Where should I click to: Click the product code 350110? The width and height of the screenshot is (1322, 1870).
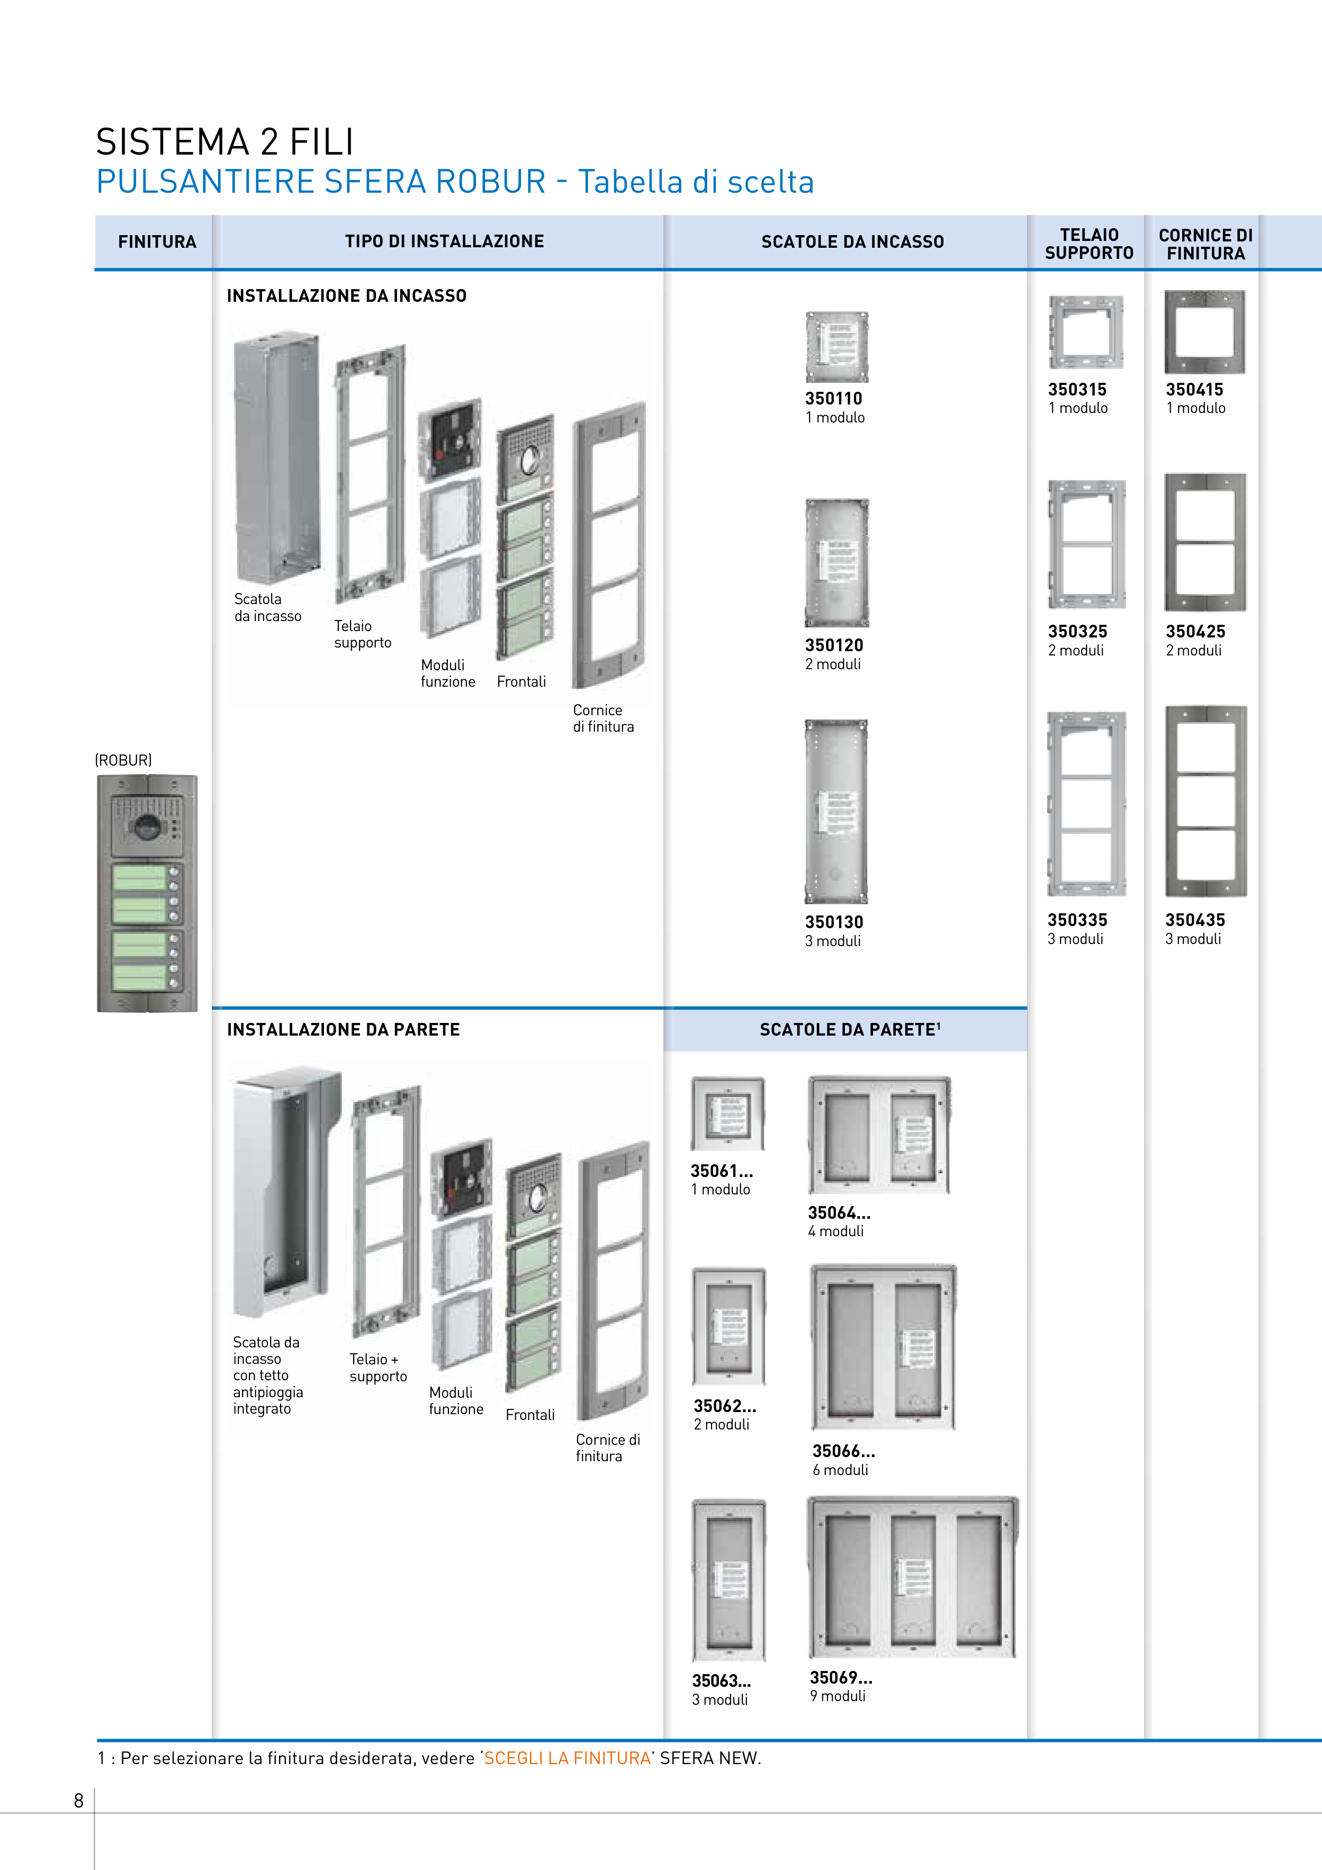(833, 398)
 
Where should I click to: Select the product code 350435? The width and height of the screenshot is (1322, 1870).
(1195, 920)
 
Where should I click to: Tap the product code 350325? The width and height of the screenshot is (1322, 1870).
(1077, 631)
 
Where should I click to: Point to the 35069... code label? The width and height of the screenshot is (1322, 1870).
(841, 1677)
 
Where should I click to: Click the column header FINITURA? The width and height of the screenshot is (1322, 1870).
(157, 242)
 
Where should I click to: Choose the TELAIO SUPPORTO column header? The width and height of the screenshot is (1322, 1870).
(1089, 244)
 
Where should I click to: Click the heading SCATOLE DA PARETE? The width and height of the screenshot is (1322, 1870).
(850, 1029)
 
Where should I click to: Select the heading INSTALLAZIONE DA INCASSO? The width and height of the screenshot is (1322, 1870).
(347, 295)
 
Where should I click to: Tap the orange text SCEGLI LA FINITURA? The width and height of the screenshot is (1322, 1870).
(568, 1758)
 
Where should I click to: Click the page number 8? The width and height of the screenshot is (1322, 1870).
(79, 1801)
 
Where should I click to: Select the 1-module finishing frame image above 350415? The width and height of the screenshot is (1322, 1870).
(1204, 332)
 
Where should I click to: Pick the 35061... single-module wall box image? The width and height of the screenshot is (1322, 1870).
(728, 1113)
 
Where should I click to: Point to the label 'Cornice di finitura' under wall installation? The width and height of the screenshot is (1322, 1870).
(608, 1448)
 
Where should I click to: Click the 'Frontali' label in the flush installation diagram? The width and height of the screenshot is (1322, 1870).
(521, 682)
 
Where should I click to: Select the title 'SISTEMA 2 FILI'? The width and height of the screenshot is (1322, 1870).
(225, 142)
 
